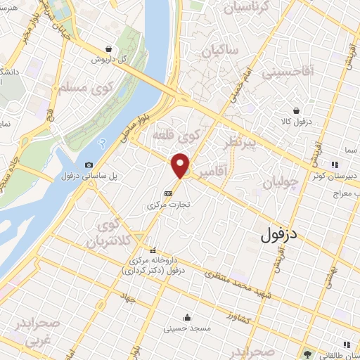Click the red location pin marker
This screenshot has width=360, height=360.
[x=181, y=165]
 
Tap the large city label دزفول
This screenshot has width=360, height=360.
[x=281, y=233]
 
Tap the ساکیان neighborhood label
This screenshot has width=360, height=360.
[x=220, y=51]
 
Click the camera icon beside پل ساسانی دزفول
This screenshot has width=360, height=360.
[x=88, y=165]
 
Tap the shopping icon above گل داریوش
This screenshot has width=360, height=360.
[x=109, y=49]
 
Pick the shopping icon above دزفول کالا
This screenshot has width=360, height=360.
[x=297, y=110]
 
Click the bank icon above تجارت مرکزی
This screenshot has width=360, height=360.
[x=168, y=193]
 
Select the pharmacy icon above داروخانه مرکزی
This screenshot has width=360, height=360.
[x=153, y=250]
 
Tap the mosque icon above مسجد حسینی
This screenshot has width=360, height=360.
[x=186, y=316]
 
